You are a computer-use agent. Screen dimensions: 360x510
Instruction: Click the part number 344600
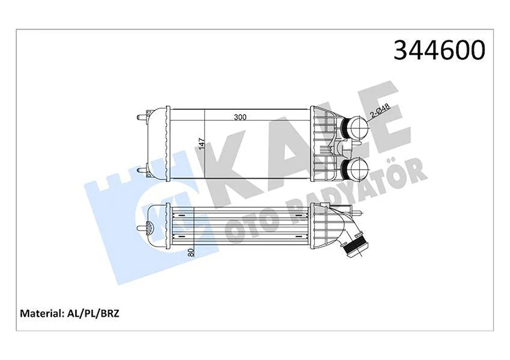439,50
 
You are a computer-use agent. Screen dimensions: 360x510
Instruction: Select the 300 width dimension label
240,117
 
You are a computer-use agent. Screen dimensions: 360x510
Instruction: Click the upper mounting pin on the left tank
140,117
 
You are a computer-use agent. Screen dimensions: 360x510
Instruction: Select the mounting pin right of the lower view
358,213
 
